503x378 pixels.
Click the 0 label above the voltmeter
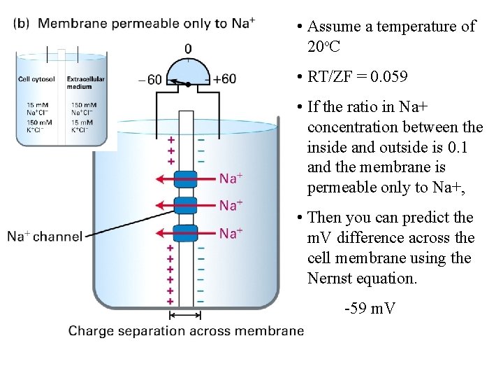point(188,48)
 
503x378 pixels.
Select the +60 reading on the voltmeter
point(224,79)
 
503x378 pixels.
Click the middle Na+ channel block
point(186,205)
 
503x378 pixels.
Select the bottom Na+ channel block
point(186,232)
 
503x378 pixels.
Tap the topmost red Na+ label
point(231,178)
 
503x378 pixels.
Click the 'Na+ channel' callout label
point(45,237)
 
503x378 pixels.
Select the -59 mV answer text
point(370,308)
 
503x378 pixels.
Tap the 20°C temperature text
point(323,47)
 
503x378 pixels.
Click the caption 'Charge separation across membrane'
point(186,331)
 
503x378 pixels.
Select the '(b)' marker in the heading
point(22,23)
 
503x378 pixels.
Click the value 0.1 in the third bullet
point(458,148)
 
